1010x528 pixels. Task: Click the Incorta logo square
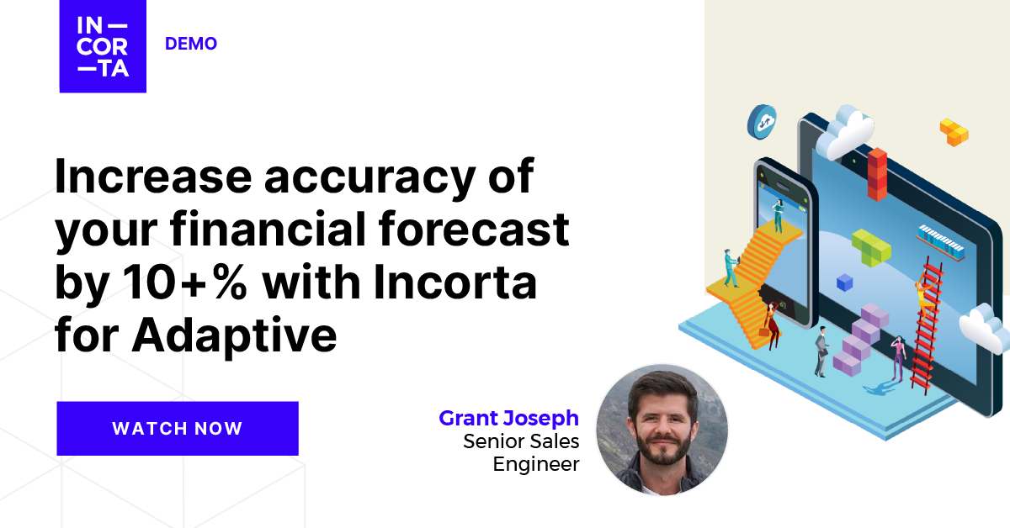tap(103, 46)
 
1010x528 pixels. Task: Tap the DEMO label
tap(191, 44)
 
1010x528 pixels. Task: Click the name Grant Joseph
tap(508, 418)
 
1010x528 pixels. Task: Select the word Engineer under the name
tap(536, 463)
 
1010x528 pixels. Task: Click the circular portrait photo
tap(662, 430)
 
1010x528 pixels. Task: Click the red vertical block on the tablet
tap(878, 174)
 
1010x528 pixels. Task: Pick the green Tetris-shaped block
tap(869, 247)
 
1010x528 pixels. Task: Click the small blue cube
tap(844, 282)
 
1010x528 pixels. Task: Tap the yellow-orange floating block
tap(954, 132)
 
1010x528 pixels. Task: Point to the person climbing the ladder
tap(923, 295)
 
